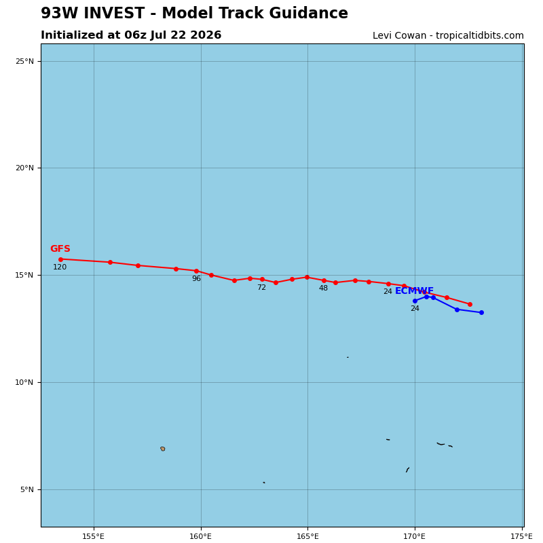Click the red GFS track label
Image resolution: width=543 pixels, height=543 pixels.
coord(60,248)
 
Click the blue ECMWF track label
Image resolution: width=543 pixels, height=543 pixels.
coord(414,291)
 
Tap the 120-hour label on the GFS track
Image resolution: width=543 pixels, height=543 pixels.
coord(60,267)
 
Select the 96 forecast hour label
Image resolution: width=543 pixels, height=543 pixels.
coord(196,278)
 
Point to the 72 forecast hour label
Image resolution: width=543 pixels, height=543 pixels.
coord(262,287)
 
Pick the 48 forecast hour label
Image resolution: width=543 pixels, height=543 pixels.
coord(323,288)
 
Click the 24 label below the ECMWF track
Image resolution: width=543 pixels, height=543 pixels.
coord(415,308)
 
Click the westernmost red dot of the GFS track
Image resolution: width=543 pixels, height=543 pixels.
coord(60,259)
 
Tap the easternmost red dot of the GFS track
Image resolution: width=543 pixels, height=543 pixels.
coord(470,304)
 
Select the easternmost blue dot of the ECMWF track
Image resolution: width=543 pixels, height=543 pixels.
coord(481,312)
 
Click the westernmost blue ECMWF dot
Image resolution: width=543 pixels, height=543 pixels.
coord(415,301)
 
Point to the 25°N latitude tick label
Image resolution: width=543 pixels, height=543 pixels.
coord(24,61)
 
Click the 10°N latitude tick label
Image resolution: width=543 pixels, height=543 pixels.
coord(24,382)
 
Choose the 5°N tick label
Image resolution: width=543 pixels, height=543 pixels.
coord(27,489)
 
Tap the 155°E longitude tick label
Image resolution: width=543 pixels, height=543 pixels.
coord(94,536)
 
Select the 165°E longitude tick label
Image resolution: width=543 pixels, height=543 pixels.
coord(307,536)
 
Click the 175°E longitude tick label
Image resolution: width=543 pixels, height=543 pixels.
coord(521,536)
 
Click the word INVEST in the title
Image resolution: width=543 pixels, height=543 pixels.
coord(114,13)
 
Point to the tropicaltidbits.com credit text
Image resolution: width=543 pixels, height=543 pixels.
coord(480,36)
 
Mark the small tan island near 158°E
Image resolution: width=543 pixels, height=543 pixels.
coord(163,449)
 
